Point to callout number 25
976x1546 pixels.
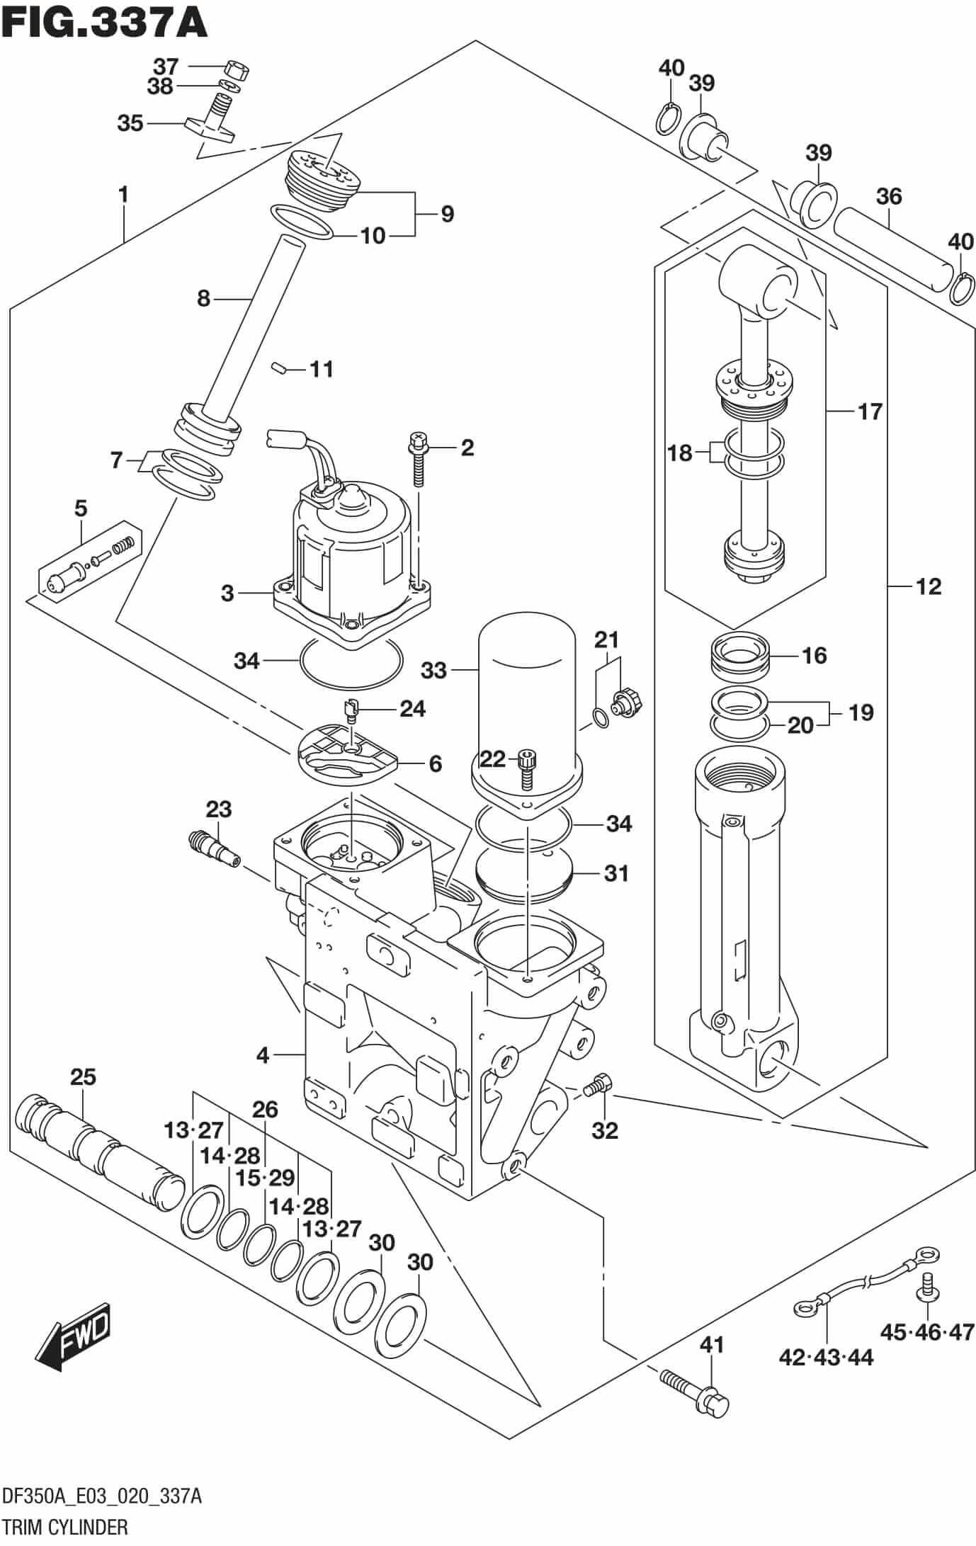click(x=83, y=1077)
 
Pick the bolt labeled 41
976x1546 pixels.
click(x=696, y=1389)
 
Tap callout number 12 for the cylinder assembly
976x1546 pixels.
click(x=928, y=586)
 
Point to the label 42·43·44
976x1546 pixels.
click(x=826, y=1358)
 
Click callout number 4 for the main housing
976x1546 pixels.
click(x=263, y=1076)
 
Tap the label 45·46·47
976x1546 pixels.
click(x=927, y=1332)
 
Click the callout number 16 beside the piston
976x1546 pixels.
click(x=814, y=655)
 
